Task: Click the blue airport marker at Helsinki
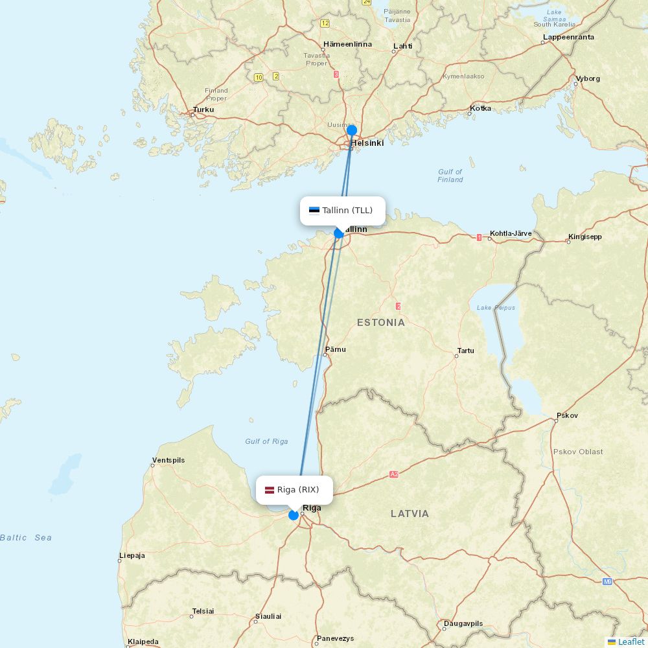click(x=352, y=130)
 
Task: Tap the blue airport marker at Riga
click(x=294, y=515)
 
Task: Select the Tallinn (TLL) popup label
click(x=342, y=211)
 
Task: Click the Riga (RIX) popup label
click(x=294, y=490)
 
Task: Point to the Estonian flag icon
click(x=314, y=210)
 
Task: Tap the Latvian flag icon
click(x=269, y=490)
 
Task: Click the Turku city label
click(x=203, y=110)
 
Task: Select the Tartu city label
click(x=466, y=351)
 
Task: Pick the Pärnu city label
click(x=336, y=349)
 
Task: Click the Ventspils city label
click(x=168, y=460)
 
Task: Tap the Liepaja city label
click(x=132, y=555)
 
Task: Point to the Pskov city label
click(x=567, y=415)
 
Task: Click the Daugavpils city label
click(x=463, y=623)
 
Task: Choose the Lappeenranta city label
click(x=568, y=37)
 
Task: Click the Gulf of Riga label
click(x=266, y=441)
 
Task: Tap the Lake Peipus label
click(x=496, y=308)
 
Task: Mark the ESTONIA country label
click(x=381, y=322)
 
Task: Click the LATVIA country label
click(x=410, y=513)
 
